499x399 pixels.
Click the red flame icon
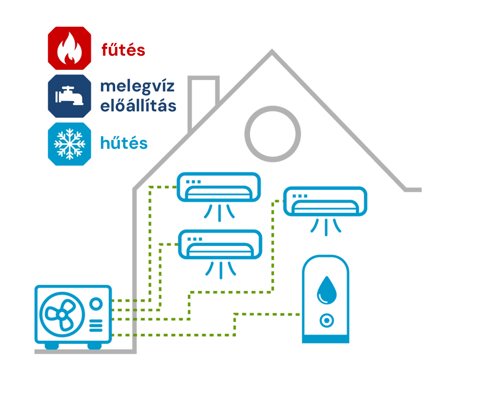(69, 48)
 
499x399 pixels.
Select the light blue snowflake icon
(69, 144)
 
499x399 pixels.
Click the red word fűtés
(123, 50)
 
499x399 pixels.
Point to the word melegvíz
(138, 86)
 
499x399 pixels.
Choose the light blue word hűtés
(124, 143)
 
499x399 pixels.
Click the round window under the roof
(272, 133)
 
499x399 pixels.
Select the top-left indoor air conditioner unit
(219, 187)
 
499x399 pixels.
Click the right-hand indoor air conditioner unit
(325, 202)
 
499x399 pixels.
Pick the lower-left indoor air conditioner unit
(220, 245)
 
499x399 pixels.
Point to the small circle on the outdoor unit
(96, 304)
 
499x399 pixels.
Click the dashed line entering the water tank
(279, 314)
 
